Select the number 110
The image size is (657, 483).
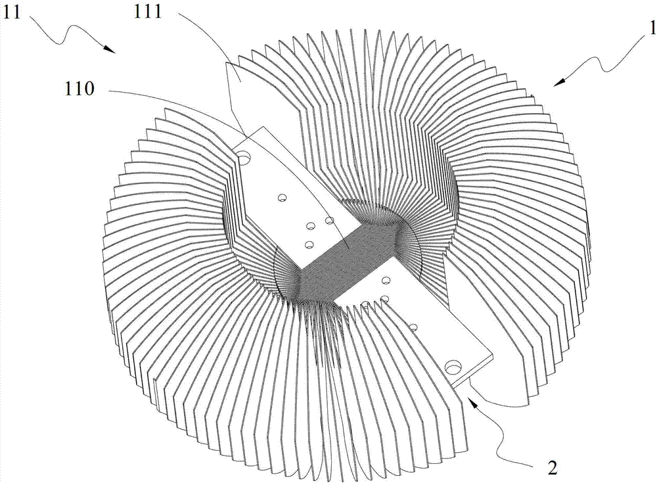79,89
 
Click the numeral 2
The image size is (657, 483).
553,467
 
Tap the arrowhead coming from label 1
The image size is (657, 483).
558,81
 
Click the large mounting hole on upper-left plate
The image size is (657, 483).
244,158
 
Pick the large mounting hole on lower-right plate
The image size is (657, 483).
453,368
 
